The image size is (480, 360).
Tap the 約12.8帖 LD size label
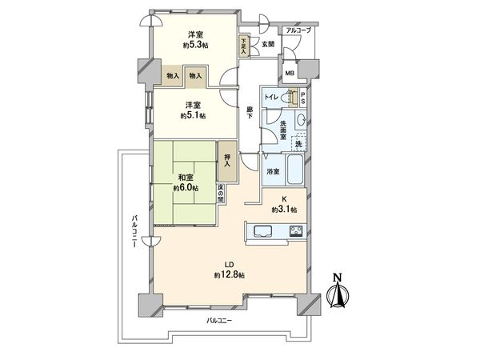tap(229, 274)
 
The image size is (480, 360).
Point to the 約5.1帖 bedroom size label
tap(193, 116)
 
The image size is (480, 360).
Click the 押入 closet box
tap(228, 159)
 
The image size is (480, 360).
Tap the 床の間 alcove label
tap(222, 194)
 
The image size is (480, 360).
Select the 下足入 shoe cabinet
tap(243, 43)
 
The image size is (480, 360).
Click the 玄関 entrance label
tap(268, 44)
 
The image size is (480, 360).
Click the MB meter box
tap(290, 74)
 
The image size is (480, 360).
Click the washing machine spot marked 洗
tap(298, 143)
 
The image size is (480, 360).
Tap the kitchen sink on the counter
tap(264, 232)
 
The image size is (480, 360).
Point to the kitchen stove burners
tap(293, 232)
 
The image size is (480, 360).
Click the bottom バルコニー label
tap(219, 320)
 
